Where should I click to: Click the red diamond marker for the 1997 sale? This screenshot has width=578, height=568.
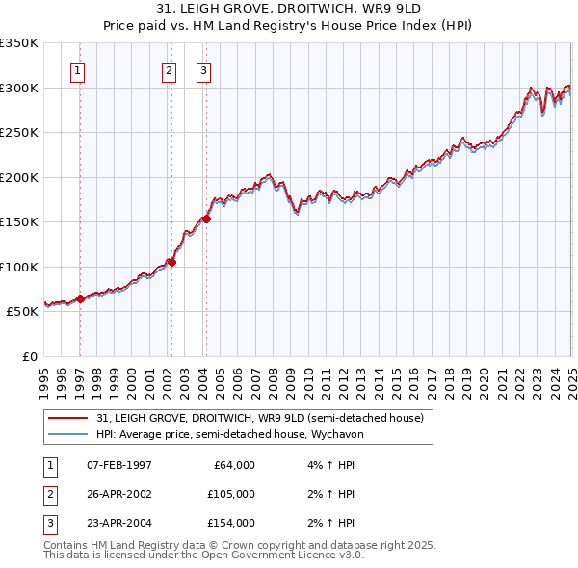click(x=80, y=299)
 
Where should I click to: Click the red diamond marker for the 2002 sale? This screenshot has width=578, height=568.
click(x=171, y=262)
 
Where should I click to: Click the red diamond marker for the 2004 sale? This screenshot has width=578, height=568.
click(x=206, y=219)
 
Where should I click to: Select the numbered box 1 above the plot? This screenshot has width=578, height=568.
click(x=76, y=69)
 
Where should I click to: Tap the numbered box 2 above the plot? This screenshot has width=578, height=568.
click(x=169, y=69)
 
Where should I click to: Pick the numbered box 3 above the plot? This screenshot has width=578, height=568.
click(x=204, y=69)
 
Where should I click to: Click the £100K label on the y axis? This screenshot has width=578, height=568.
click(x=19, y=267)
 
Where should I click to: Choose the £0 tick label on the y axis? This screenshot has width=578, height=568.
click(x=28, y=356)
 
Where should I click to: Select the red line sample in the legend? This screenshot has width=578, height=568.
click(x=67, y=418)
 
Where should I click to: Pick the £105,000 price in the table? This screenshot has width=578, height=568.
click(x=230, y=494)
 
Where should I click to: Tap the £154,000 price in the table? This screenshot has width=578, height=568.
click(x=230, y=523)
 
